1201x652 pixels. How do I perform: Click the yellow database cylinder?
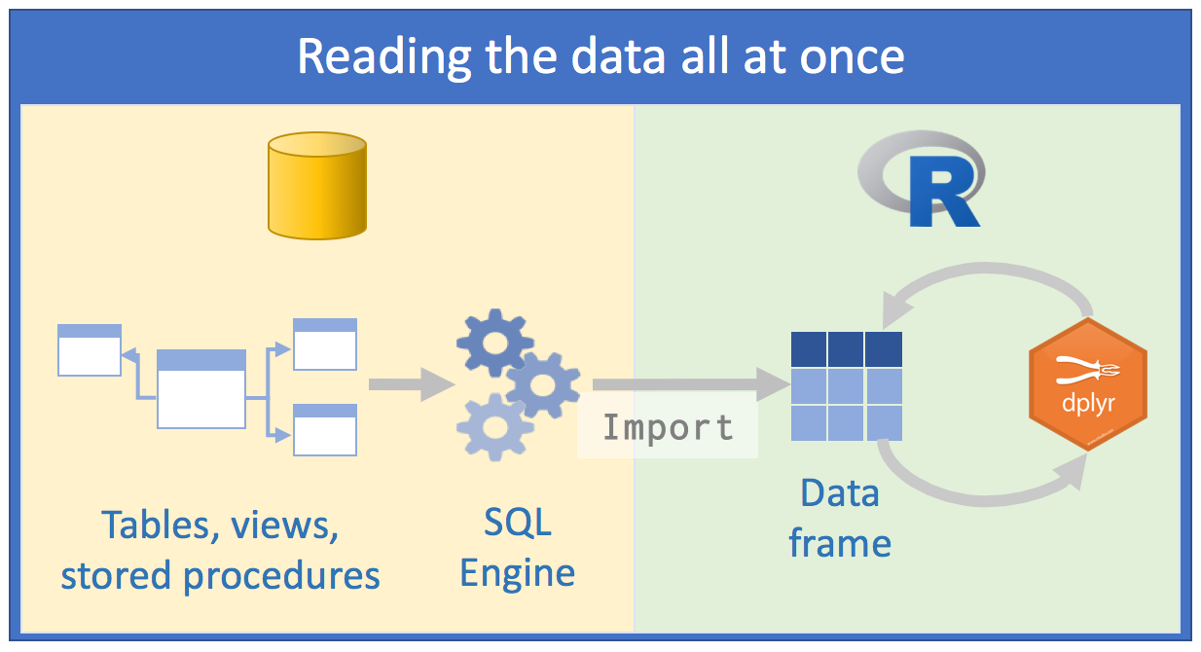[x=317, y=186]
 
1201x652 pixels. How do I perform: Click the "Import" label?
[x=668, y=427]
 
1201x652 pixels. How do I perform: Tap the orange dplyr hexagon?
[x=1088, y=384]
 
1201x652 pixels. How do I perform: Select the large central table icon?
[x=201, y=389]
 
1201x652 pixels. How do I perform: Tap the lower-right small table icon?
[x=325, y=430]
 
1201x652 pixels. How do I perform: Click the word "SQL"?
[x=517, y=524]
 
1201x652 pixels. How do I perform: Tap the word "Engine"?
[x=517, y=573]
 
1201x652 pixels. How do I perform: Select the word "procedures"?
[x=281, y=576]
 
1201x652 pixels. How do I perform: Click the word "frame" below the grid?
[x=840, y=542]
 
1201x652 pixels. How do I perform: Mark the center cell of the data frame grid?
[x=846, y=386]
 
